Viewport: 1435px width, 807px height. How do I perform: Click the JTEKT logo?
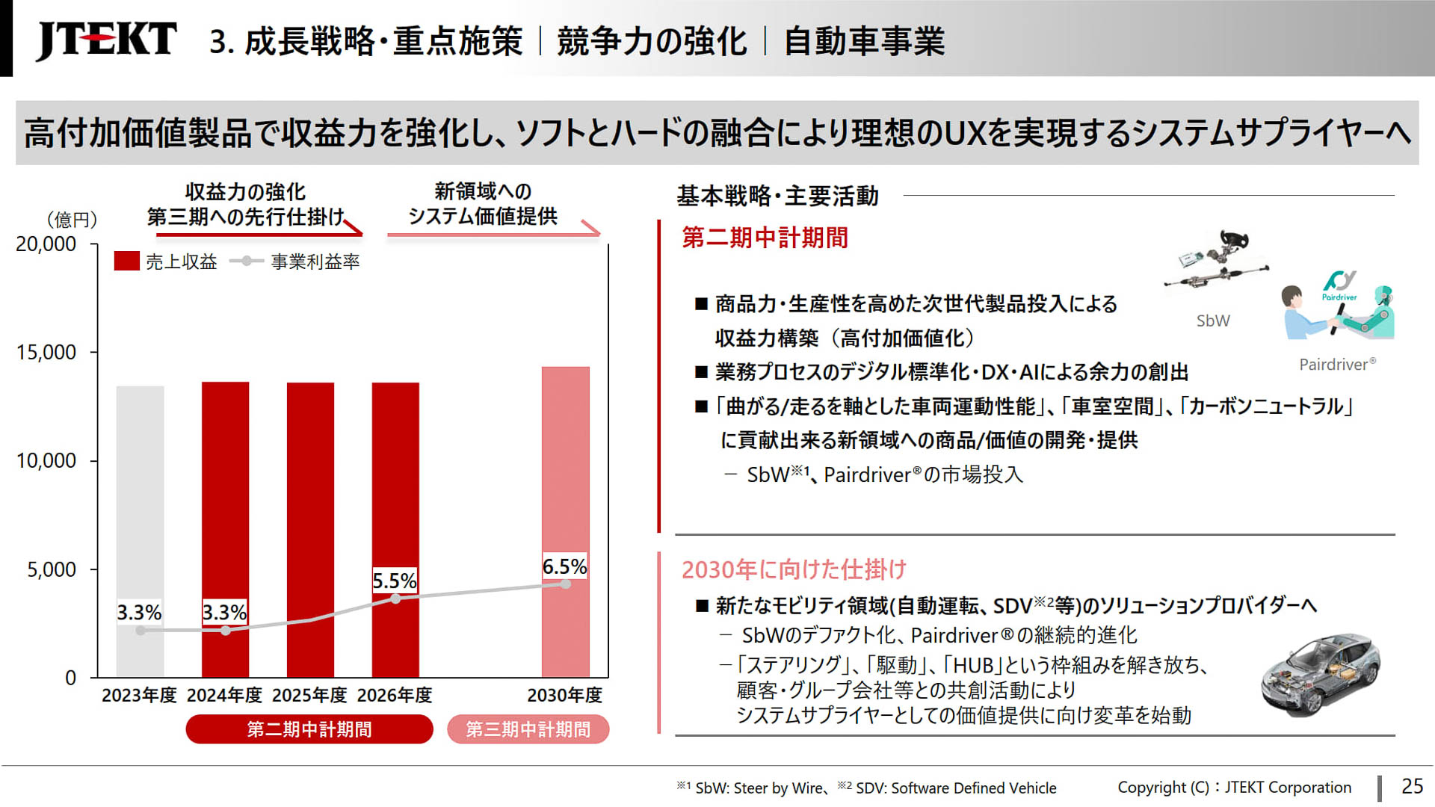tap(106, 40)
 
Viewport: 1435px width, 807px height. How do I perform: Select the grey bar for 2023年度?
tap(140, 523)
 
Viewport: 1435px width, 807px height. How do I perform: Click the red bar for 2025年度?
tap(310, 523)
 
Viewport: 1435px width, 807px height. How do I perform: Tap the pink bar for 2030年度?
tap(565, 486)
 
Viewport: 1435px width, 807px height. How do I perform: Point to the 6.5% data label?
tap(564, 566)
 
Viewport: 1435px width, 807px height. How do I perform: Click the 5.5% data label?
tap(394, 581)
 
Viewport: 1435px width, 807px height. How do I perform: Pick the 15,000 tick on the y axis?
tap(46, 352)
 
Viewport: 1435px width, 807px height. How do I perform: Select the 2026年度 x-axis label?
tap(394, 695)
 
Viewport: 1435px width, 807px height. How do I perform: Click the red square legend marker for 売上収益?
tap(126, 261)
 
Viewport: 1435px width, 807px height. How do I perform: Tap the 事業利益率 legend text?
tap(315, 262)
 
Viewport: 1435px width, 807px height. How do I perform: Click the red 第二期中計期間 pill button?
tap(309, 729)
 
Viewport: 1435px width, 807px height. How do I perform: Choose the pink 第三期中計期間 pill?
tap(528, 729)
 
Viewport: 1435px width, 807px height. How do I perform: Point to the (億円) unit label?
tap(72, 219)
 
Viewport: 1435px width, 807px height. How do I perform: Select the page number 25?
tap(1411, 786)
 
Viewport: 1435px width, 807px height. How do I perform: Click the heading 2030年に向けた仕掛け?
tap(794, 569)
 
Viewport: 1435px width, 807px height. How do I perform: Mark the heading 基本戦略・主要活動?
tap(777, 196)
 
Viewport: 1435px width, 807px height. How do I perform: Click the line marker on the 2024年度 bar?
tap(226, 631)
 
